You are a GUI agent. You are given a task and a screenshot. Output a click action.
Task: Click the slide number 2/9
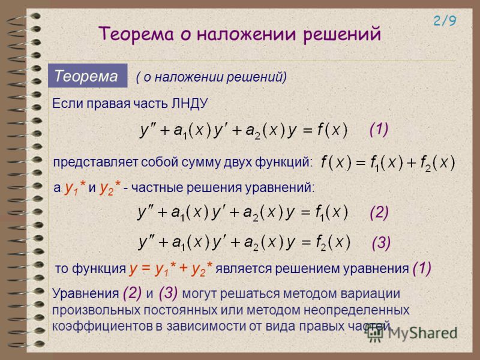tap(445, 21)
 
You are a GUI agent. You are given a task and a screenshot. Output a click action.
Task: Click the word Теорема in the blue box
tap(86, 76)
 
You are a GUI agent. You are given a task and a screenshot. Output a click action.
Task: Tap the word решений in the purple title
tap(342, 34)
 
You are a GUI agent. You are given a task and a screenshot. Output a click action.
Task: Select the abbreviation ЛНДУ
tap(190, 103)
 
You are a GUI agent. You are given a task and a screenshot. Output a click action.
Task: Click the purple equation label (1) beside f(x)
tap(379, 130)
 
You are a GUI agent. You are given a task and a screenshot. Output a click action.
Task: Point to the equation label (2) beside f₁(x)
tap(379, 212)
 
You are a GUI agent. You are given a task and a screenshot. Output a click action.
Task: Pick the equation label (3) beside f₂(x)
tap(381, 244)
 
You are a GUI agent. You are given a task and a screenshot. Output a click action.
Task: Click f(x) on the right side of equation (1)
tap(332, 130)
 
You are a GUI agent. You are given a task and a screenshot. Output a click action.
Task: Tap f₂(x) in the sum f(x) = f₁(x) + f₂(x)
tap(437, 163)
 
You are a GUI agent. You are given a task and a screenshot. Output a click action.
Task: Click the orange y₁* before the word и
tap(75, 187)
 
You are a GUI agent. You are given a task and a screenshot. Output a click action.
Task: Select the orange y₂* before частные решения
tap(110, 187)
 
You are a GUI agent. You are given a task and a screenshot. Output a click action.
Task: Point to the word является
tap(244, 268)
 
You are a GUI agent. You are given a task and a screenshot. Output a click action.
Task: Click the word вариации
tap(370, 293)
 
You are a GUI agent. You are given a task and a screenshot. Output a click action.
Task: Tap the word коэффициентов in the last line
tap(102, 326)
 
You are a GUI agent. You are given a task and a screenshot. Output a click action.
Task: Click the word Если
tap(67, 103)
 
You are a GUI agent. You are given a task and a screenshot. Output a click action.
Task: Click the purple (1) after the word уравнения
tap(422, 268)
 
